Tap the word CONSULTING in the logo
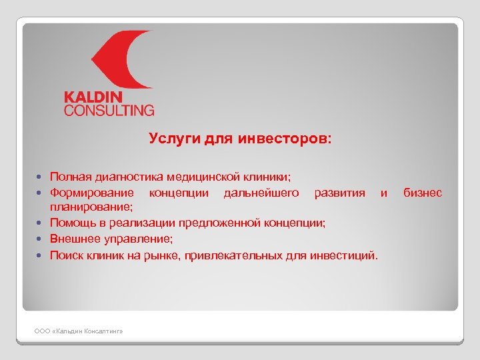(x=109, y=110)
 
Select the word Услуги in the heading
(x=169, y=139)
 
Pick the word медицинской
(x=203, y=178)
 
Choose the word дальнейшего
(x=262, y=193)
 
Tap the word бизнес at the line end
(x=423, y=193)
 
